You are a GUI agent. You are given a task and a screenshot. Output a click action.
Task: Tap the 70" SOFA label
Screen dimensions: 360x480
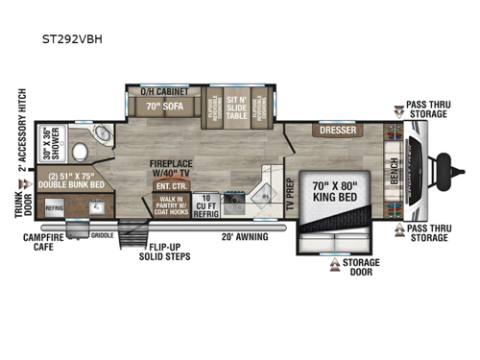159,107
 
